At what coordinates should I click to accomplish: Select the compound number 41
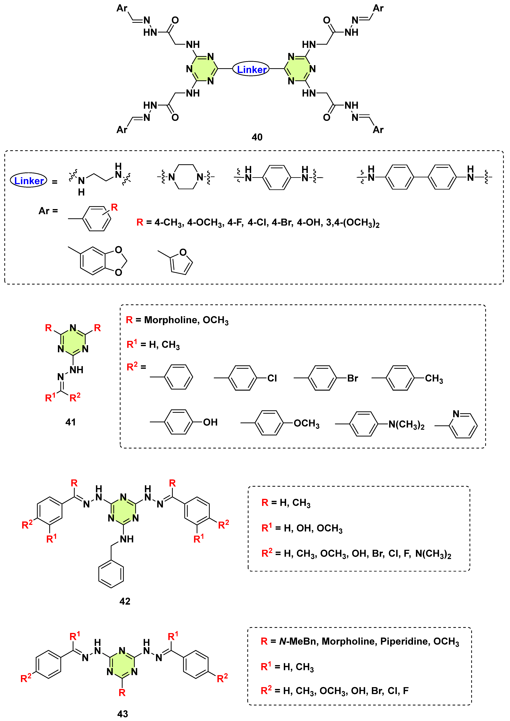(70, 422)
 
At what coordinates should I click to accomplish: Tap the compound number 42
(125, 601)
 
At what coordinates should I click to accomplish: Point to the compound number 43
(122, 714)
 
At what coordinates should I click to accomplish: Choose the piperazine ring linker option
(186, 177)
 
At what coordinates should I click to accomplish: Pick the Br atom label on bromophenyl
(352, 378)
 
